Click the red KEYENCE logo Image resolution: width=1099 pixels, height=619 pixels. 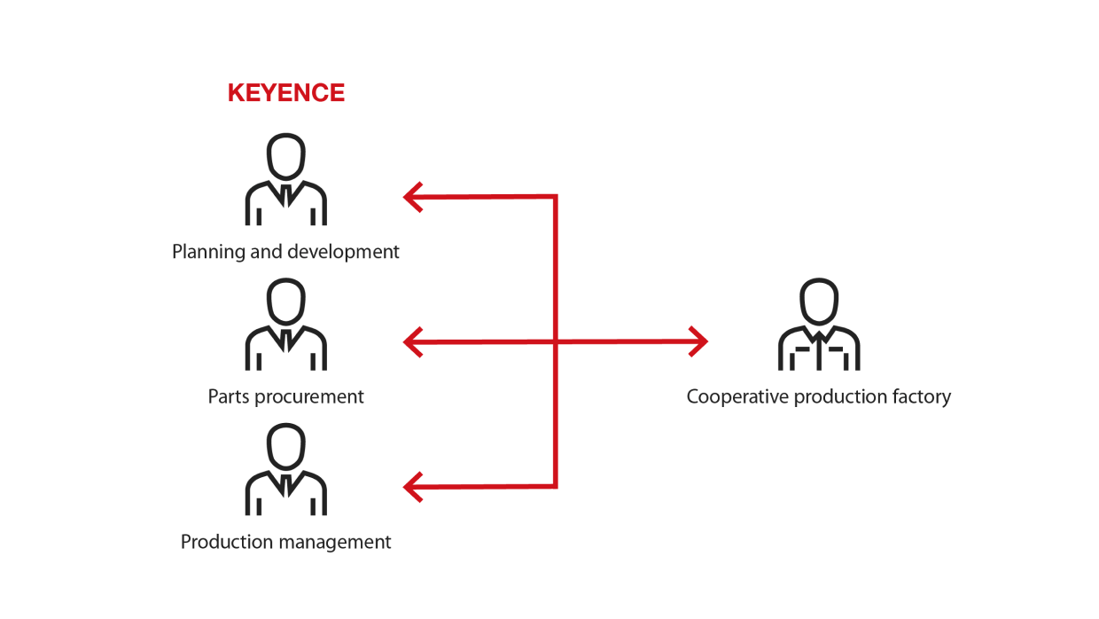(x=286, y=93)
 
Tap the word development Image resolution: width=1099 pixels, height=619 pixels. (x=343, y=252)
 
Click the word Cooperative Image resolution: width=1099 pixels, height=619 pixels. (x=737, y=397)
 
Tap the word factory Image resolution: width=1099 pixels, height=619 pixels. (x=924, y=397)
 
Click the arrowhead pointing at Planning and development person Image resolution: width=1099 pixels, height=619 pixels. (x=413, y=198)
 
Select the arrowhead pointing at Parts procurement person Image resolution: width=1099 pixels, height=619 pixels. (x=413, y=342)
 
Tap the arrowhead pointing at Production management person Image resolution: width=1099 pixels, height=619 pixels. (x=413, y=487)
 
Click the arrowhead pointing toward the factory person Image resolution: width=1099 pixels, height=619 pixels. (x=698, y=341)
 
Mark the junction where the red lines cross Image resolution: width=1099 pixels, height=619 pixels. (x=556, y=341)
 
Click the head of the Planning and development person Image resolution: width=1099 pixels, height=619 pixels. (x=286, y=156)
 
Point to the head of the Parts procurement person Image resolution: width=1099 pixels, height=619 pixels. (x=286, y=302)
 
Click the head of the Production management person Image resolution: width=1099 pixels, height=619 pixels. (x=286, y=446)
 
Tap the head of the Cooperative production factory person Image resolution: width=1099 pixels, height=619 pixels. (x=819, y=302)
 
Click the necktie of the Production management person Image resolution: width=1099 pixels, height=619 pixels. (x=286, y=485)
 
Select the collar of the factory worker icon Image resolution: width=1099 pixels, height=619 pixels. (x=819, y=336)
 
